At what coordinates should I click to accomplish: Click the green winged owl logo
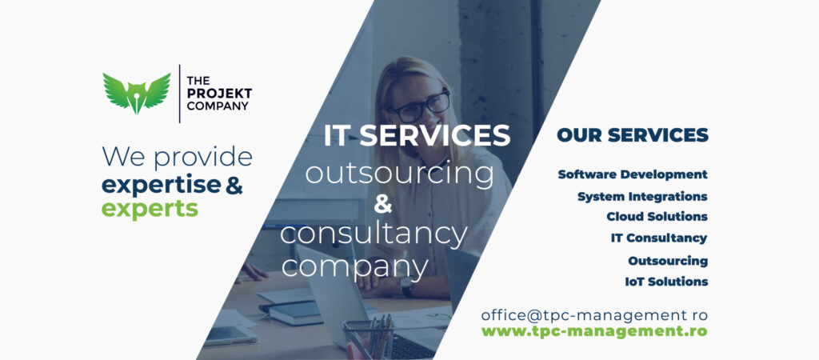click(x=136, y=94)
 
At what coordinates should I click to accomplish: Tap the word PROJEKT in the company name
click(x=219, y=94)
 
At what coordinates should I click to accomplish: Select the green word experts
click(x=150, y=209)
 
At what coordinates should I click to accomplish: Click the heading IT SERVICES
click(x=417, y=135)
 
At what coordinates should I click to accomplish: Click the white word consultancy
click(x=374, y=234)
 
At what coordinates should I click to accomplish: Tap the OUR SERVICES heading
click(x=633, y=135)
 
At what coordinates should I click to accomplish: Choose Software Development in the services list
click(x=633, y=174)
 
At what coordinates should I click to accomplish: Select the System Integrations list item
click(x=642, y=197)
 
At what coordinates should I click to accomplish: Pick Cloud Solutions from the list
click(x=657, y=216)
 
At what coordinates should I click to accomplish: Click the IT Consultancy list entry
click(x=659, y=238)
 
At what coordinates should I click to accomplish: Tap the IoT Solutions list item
click(x=666, y=282)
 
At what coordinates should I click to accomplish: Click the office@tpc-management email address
click(x=594, y=315)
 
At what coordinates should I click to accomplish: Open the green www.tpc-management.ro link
click(x=594, y=331)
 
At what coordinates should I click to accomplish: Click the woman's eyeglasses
click(x=421, y=107)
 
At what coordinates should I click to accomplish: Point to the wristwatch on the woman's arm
click(x=406, y=287)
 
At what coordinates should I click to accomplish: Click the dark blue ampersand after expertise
click(x=234, y=186)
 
